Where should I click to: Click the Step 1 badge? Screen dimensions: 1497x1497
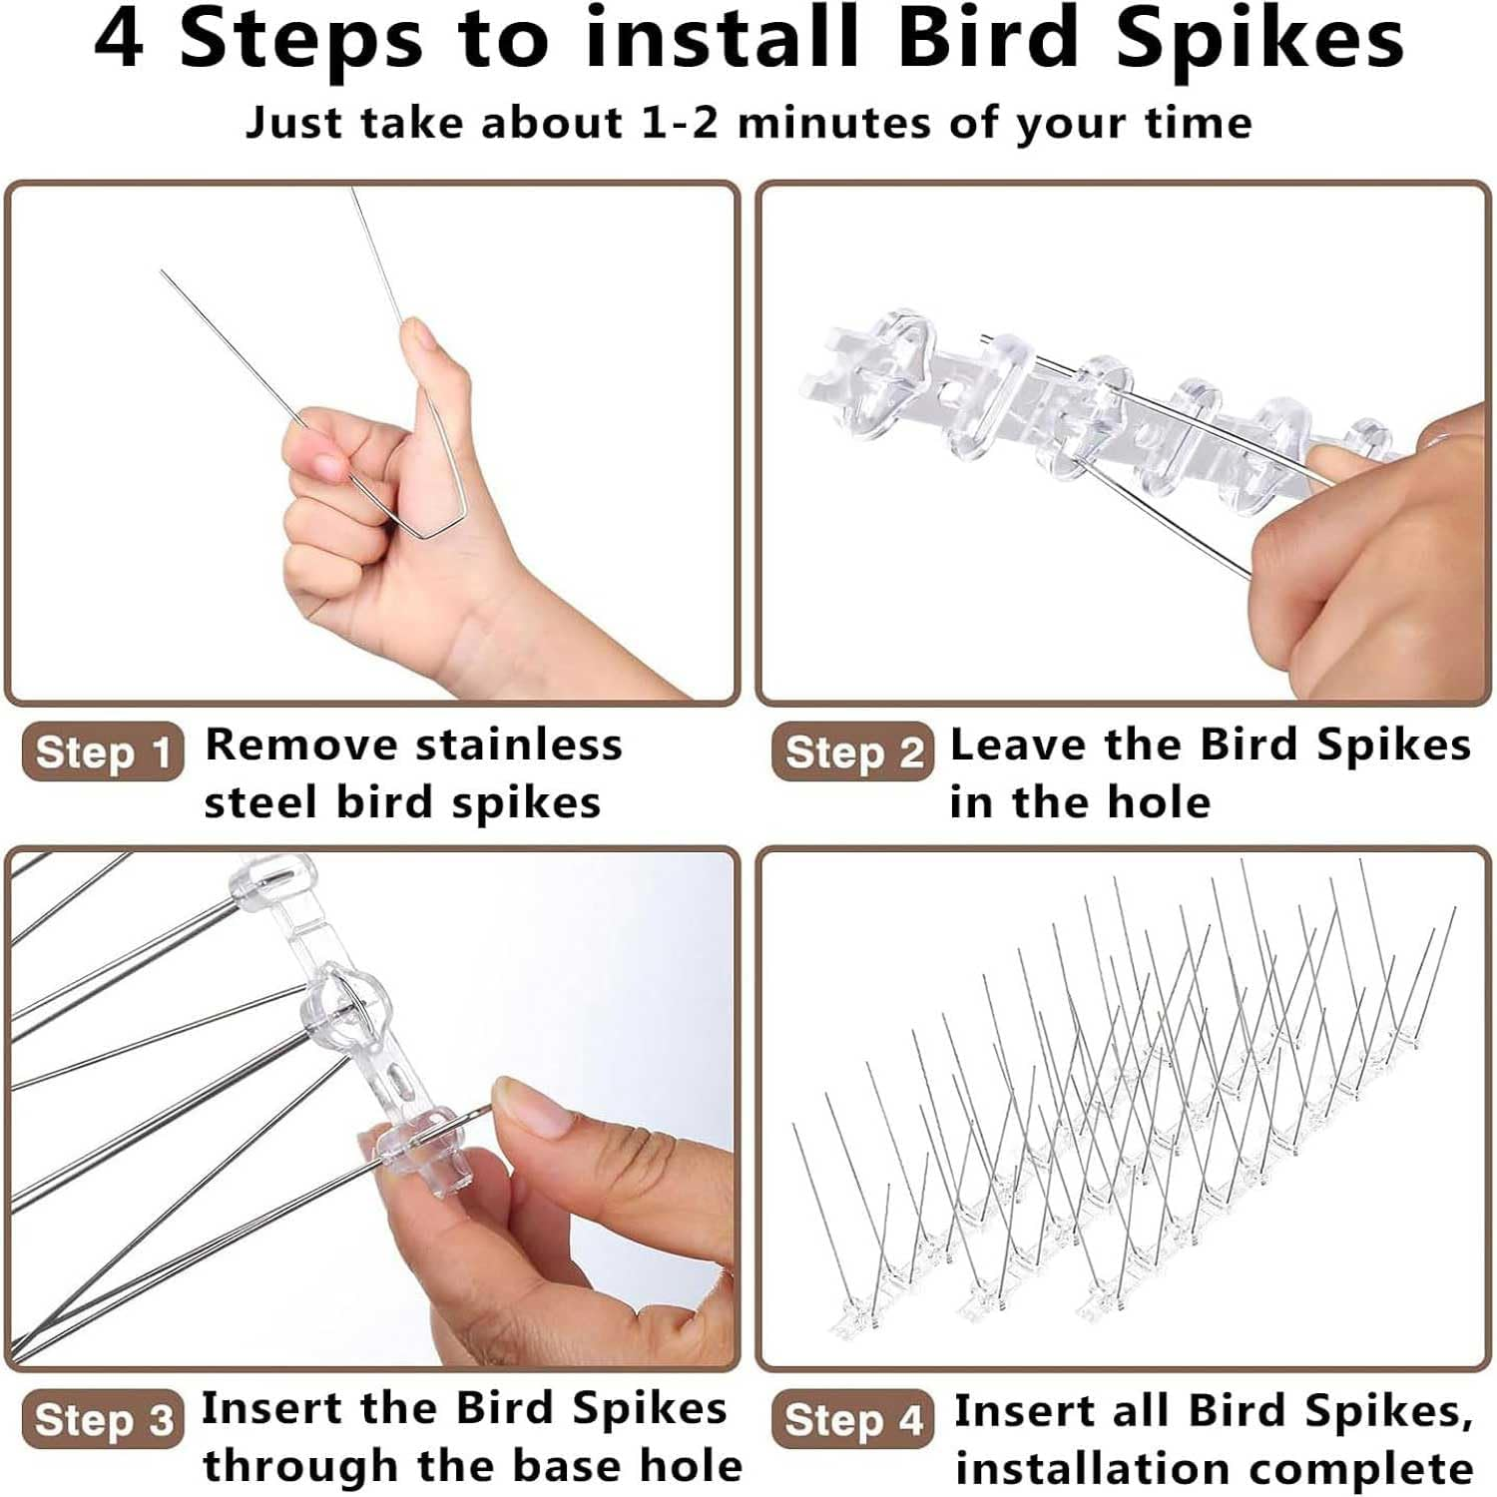click(103, 751)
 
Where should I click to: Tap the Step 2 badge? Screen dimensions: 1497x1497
click(853, 751)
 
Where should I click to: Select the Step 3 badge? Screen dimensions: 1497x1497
click(103, 1418)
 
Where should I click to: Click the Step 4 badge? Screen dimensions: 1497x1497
click(853, 1418)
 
